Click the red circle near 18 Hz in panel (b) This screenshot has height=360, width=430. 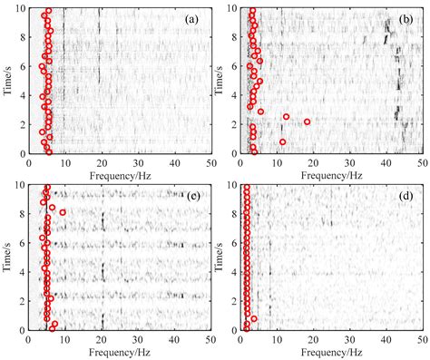[308, 122]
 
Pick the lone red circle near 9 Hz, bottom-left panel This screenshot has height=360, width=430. [63, 212]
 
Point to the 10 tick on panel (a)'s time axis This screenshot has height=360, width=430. [29, 8]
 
